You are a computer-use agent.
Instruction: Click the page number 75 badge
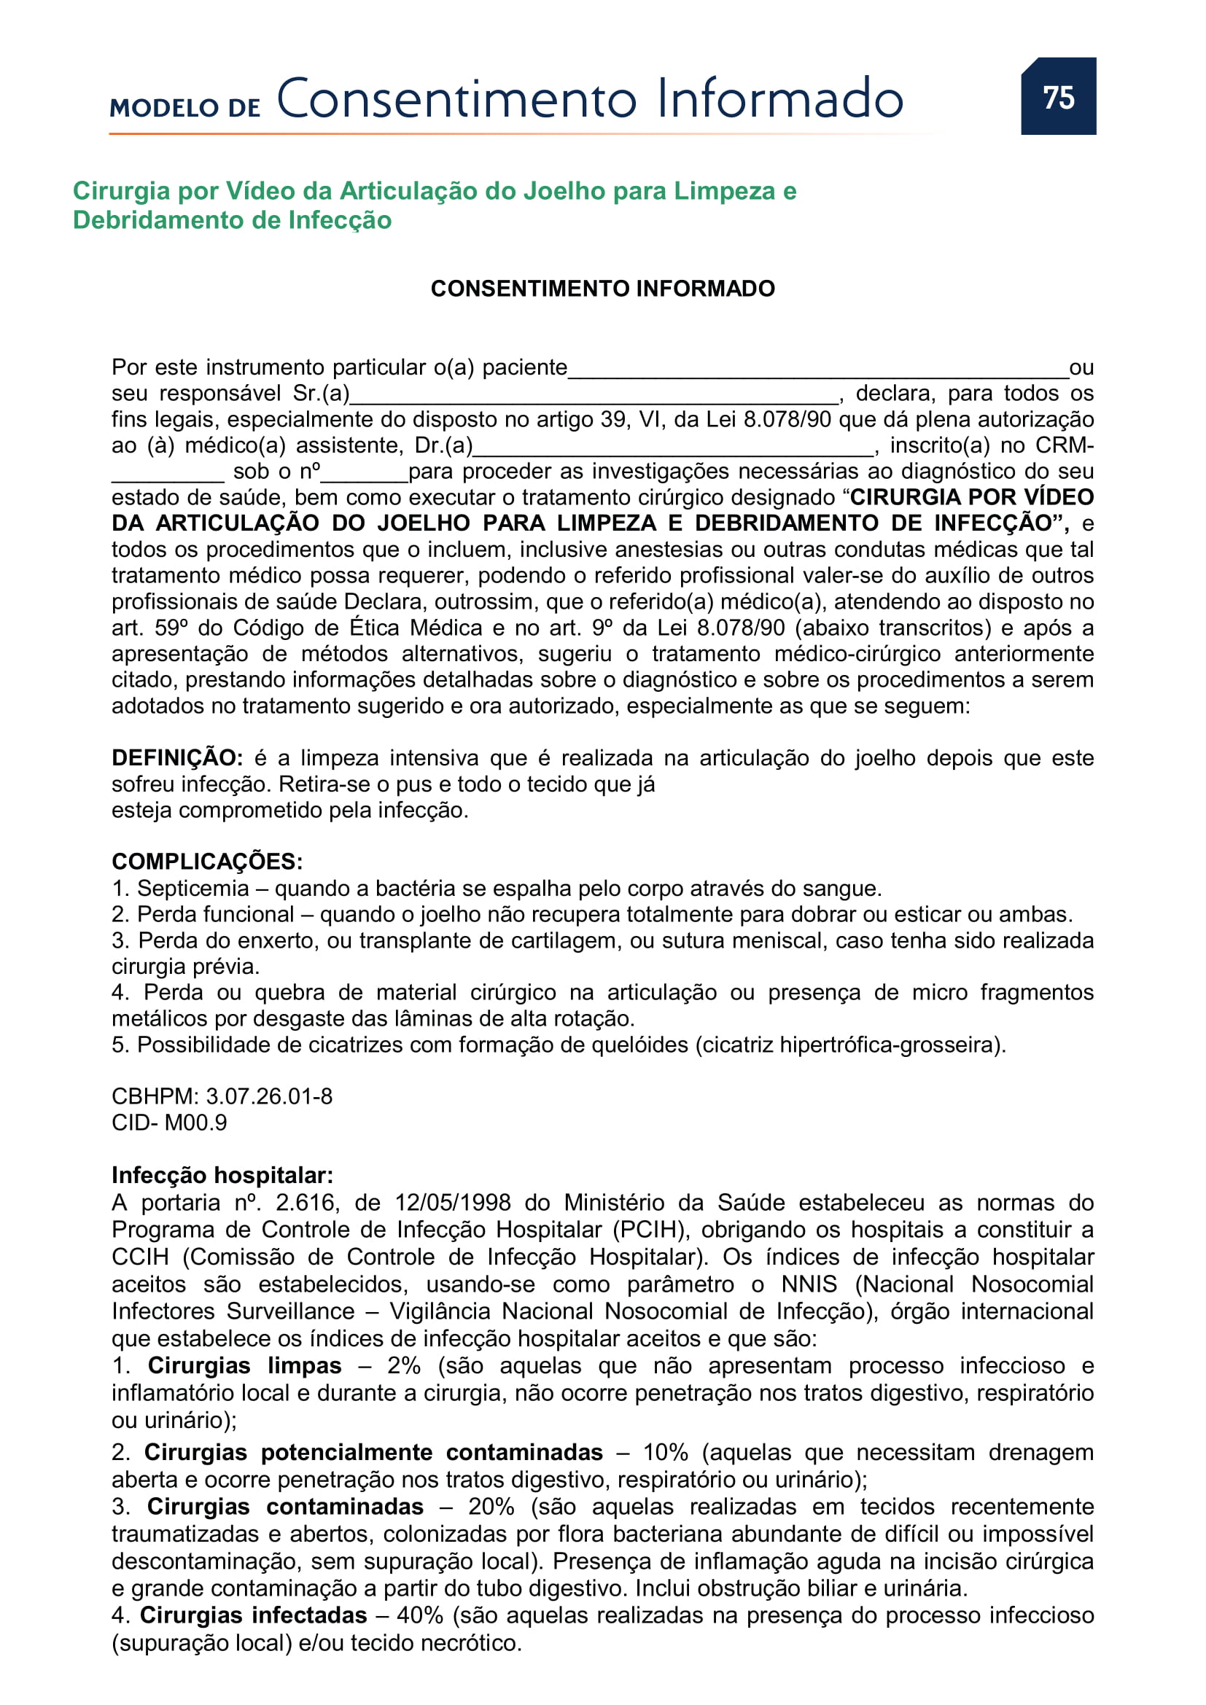1057,97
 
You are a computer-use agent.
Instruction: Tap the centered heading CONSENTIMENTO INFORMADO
602,288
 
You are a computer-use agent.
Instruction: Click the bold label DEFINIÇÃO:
177,758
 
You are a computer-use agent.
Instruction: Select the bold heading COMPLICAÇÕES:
207,862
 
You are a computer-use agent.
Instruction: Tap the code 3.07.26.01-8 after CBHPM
269,1096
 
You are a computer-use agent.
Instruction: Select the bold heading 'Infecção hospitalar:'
222,1175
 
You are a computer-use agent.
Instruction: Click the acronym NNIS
809,1284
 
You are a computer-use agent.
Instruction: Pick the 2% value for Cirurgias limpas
404,1365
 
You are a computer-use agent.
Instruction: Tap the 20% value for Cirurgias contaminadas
491,1507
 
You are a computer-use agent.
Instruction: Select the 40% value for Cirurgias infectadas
419,1615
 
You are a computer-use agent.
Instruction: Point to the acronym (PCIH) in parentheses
648,1230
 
